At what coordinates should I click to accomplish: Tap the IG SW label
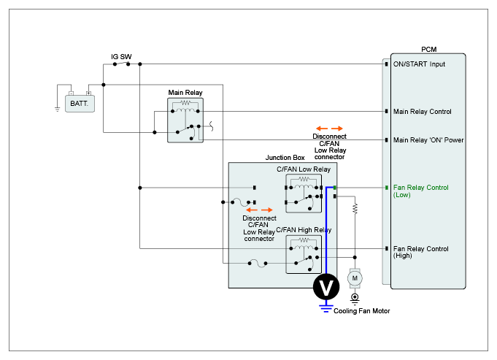pyautogui.click(x=120, y=55)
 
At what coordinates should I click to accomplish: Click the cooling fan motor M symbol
pyautogui.click(x=355, y=277)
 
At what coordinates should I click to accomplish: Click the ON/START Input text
pyautogui.click(x=419, y=64)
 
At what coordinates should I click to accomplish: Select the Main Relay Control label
pyautogui.click(x=423, y=112)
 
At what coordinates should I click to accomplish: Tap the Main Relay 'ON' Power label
pyautogui.click(x=428, y=139)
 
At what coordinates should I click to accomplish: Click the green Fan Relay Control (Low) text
pyautogui.click(x=420, y=191)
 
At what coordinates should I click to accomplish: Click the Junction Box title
pyautogui.click(x=285, y=157)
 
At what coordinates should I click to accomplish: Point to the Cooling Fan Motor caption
pyautogui.click(x=362, y=311)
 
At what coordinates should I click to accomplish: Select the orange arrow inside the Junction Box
pyautogui.click(x=260, y=210)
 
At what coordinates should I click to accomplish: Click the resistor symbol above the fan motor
pyautogui.click(x=355, y=208)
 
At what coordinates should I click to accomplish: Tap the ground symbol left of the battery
pyautogui.click(x=57, y=109)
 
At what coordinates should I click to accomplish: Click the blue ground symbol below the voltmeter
pyautogui.click(x=326, y=307)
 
